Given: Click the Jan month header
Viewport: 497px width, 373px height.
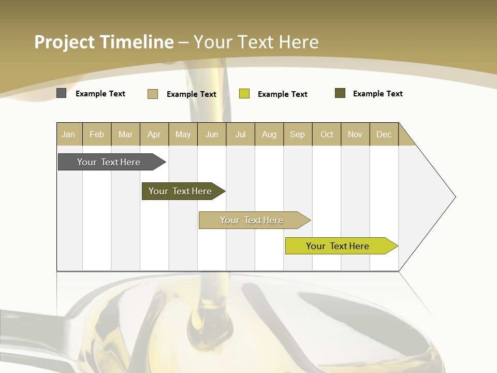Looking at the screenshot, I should (69, 134).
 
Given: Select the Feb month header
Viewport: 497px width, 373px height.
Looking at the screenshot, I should (97, 134).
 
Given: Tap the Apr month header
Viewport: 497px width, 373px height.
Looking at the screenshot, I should (154, 134).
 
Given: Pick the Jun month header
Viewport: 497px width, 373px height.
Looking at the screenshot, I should (212, 134).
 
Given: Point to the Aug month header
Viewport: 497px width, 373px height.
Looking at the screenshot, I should (269, 134).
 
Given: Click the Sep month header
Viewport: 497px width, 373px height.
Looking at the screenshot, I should (298, 134).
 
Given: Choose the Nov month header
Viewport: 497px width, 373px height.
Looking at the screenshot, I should (355, 134).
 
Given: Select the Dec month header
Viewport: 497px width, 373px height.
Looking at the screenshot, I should (384, 134).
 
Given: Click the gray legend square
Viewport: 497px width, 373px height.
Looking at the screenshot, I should (61, 93).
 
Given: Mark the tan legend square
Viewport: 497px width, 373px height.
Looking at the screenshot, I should (153, 94).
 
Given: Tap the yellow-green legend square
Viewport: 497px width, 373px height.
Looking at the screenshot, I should (244, 94).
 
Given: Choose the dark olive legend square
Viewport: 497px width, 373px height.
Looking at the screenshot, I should (340, 93).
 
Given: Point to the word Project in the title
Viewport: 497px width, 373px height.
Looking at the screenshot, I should (65, 42).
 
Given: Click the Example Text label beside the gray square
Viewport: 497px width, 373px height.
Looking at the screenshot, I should (100, 94).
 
